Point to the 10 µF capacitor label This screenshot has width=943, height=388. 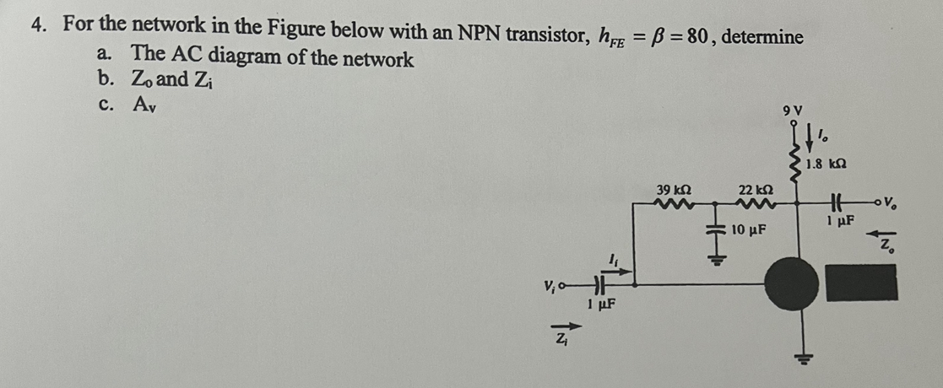click(x=748, y=229)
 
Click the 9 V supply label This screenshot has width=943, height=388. click(x=792, y=110)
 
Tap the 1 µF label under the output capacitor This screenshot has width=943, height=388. click(x=838, y=221)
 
